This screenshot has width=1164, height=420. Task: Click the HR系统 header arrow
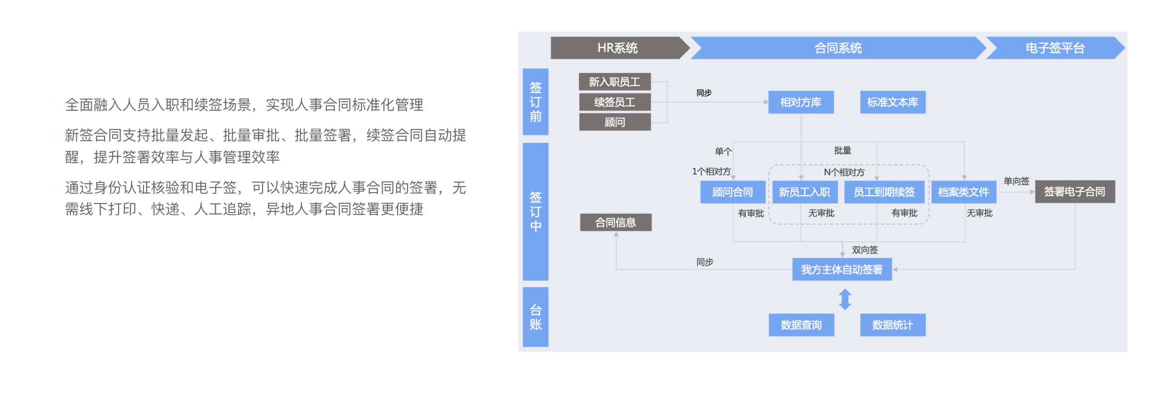click(x=618, y=48)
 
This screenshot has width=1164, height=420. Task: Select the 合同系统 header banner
click(x=838, y=48)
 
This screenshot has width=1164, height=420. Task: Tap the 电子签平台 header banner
click(x=1055, y=48)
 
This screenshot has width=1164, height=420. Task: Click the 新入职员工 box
click(x=614, y=82)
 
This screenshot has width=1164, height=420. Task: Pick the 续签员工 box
click(x=614, y=102)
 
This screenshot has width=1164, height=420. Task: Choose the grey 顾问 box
click(x=614, y=122)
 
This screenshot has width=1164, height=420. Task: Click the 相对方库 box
click(x=801, y=102)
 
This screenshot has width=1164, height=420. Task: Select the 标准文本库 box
click(x=892, y=102)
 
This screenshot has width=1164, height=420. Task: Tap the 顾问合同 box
click(x=732, y=192)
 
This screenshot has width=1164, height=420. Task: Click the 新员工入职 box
click(x=804, y=192)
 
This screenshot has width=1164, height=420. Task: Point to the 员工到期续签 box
click(x=884, y=192)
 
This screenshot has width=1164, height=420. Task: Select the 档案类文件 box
click(x=964, y=192)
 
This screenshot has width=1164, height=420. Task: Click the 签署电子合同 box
click(x=1075, y=192)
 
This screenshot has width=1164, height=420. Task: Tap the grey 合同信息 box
click(x=615, y=222)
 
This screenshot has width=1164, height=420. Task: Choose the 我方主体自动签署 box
click(x=842, y=269)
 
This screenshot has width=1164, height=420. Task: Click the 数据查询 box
click(x=801, y=325)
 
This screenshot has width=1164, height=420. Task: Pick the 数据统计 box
click(x=892, y=325)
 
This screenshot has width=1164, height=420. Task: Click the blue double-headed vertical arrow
click(x=845, y=299)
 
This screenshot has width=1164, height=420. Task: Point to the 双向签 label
click(x=865, y=250)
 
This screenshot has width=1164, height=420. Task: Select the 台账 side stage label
click(x=536, y=317)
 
